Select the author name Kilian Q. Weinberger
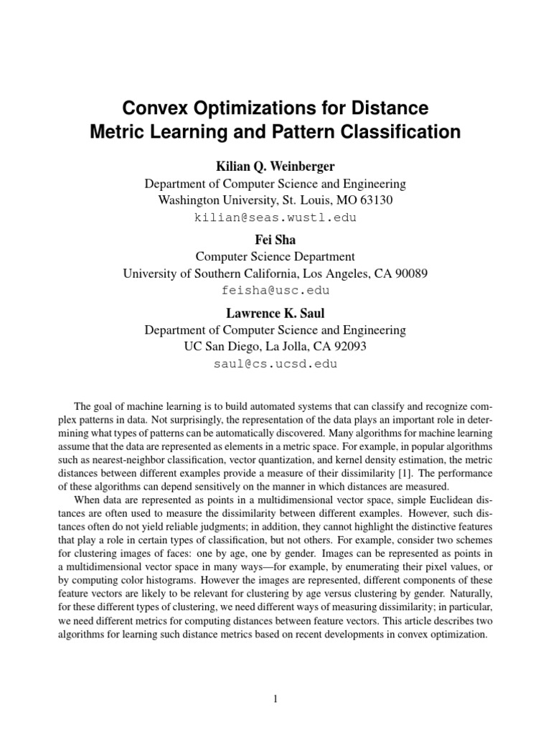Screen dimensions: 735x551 [275, 166]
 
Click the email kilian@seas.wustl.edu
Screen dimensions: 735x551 [275, 217]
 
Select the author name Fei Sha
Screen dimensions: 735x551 [275, 239]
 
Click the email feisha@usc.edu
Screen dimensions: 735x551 [275, 290]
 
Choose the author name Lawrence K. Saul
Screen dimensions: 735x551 [275, 313]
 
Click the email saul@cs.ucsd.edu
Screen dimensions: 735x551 [275, 364]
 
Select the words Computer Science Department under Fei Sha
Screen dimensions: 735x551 [275, 256]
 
